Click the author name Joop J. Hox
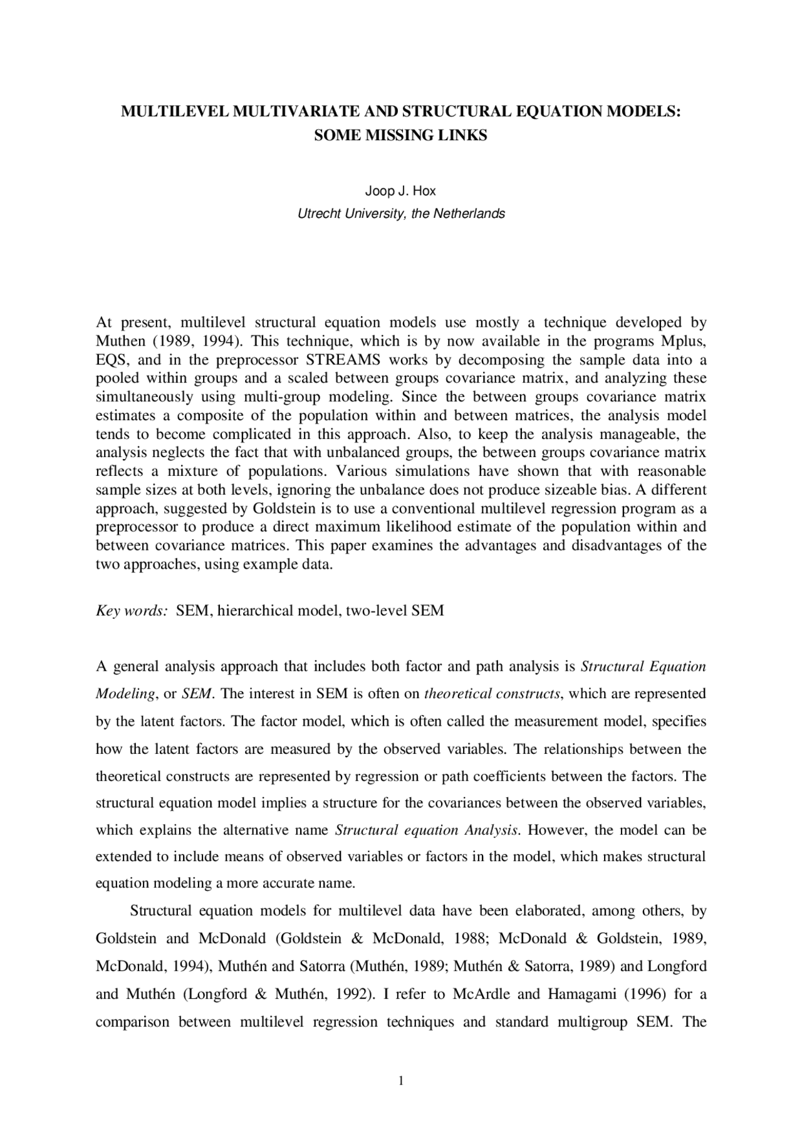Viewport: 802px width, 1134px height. [x=400, y=191]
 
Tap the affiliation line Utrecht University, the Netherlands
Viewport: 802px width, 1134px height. [x=400, y=214]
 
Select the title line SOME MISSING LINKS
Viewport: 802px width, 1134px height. [x=400, y=135]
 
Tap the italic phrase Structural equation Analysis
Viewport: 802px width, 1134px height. [x=427, y=830]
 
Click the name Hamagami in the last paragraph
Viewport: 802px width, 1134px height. [x=578, y=994]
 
